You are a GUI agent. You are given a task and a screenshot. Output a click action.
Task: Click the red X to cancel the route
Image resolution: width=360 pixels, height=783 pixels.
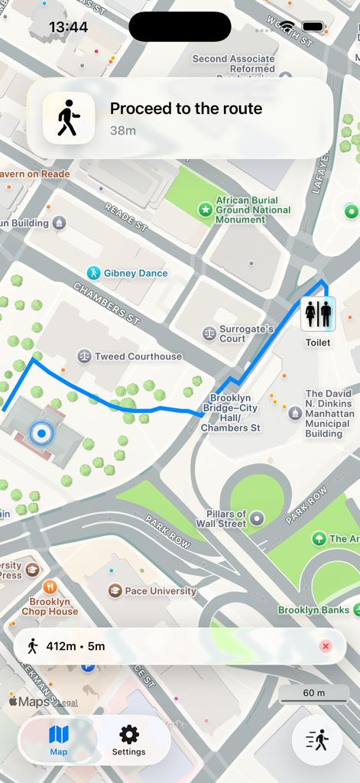(326, 646)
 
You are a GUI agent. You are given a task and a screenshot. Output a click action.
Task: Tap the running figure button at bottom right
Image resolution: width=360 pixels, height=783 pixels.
(316, 739)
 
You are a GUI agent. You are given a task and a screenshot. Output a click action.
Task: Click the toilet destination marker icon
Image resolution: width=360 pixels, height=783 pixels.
(318, 314)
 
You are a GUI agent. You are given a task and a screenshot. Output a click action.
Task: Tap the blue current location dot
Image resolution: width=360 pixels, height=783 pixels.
(41, 434)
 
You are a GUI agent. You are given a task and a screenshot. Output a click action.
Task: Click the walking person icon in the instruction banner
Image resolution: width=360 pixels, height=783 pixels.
(69, 118)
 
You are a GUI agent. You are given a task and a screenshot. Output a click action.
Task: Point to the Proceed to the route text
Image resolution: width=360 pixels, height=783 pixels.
(186, 109)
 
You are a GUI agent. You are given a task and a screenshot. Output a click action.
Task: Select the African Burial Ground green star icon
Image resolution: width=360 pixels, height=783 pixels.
(205, 210)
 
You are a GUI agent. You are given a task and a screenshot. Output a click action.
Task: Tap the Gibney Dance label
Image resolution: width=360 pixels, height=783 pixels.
(135, 273)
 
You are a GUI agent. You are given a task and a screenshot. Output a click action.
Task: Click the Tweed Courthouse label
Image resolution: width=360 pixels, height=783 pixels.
(138, 356)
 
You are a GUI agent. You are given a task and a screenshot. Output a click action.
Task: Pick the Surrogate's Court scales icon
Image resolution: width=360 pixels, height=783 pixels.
(209, 333)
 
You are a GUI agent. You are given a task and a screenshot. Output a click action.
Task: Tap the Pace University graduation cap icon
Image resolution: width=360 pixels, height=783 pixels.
(115, 590)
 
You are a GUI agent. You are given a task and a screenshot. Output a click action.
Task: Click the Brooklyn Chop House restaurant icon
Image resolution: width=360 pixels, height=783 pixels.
(50, 586)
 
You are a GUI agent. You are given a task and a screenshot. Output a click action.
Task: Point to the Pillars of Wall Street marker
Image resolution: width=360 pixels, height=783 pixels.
(258, 518)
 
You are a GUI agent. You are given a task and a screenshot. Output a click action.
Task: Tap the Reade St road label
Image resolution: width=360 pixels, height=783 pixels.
(126, 217)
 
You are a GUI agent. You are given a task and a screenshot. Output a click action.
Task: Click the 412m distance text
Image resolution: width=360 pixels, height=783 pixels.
(62, 646)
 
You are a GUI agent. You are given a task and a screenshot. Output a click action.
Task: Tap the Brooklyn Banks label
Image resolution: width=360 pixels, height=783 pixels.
(313, 610)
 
